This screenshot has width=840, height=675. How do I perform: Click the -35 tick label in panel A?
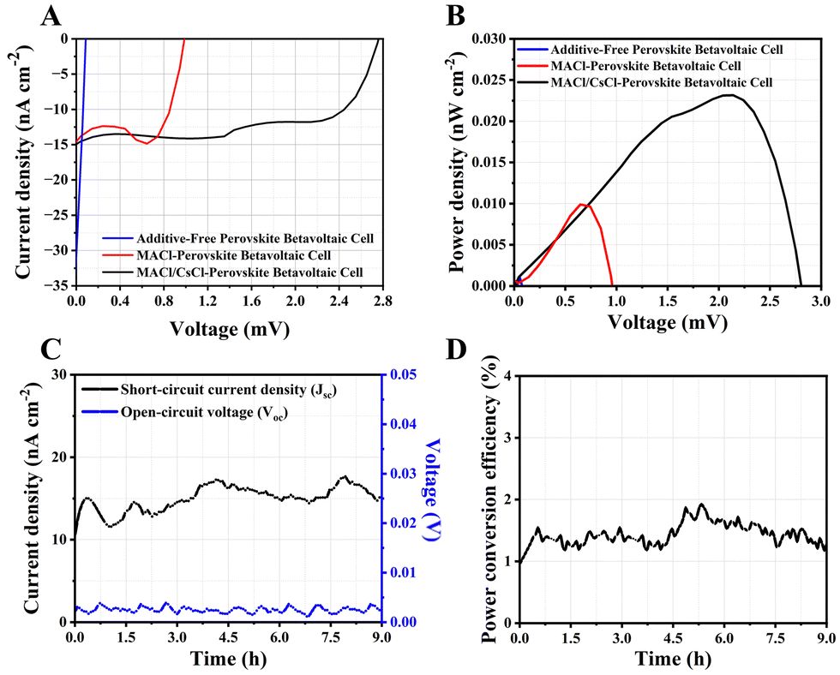[x=59, y=285]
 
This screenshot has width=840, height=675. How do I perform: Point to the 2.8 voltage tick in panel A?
[x=383, y=302]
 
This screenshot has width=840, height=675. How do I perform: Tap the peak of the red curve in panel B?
[x=583, y=204]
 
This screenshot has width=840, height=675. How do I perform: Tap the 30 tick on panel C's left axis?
[x=59, y=375]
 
